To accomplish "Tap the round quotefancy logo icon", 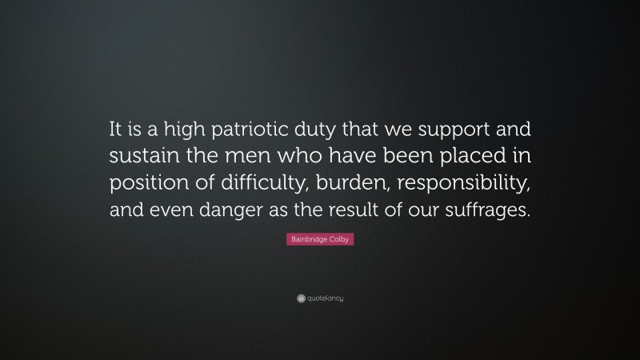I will pos(290,298).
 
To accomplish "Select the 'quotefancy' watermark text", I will pos(324,298).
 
